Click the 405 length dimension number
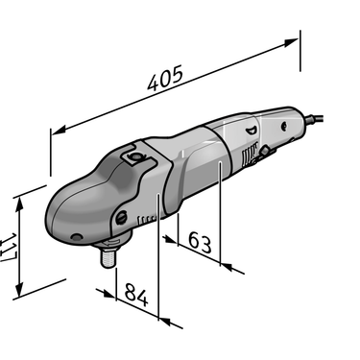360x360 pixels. coord(165,78)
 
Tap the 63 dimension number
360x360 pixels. coord(200,242)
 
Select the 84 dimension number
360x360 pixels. coord(136,295)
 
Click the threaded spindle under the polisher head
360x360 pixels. coord(108,256)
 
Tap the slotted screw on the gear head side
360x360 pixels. coord(121,218)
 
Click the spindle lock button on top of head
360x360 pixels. coord(135,156)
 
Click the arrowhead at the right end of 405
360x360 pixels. coord(292,42)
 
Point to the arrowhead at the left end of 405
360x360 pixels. coord(59,130)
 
